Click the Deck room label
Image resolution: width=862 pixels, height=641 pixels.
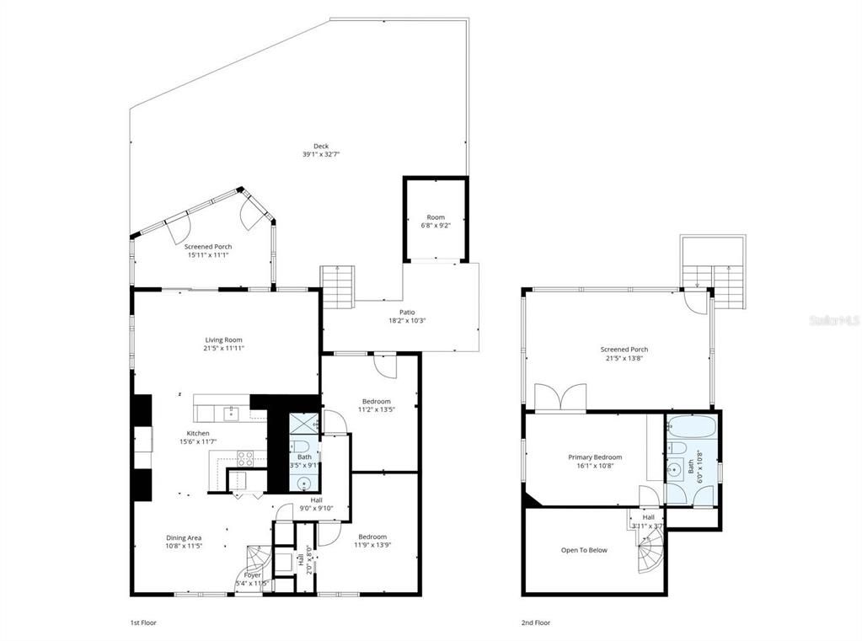[x=321, y=146]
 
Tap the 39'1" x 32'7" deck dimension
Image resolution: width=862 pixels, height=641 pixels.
[x=321, y=155]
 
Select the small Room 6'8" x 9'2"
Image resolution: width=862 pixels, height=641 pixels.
[x=435, y=222]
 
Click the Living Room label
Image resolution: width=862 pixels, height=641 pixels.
[x=223, y=339]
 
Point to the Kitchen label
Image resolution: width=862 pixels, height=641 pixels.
[x=198, y=433]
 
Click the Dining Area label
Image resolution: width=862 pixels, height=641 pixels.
[x=183, y=537]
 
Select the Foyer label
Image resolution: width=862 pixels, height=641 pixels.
[x=252, y=574]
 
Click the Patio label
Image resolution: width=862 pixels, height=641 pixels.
[x=401, y=312]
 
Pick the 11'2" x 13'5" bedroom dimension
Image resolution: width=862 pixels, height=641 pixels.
[x=376, y=410]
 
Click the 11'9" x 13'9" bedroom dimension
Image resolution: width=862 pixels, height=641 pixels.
[x=372, y=546]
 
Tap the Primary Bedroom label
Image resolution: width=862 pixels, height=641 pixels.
[x=595, y=457]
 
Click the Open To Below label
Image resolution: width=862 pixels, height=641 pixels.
[x=584, y=550]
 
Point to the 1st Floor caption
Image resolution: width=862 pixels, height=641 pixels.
[x=142, y=622]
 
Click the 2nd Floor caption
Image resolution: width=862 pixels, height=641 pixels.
[x=536, y=622]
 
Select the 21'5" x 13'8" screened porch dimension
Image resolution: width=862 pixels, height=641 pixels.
[x=624, y=358]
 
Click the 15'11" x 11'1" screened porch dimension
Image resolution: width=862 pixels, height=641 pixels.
[x=208, y=255]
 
